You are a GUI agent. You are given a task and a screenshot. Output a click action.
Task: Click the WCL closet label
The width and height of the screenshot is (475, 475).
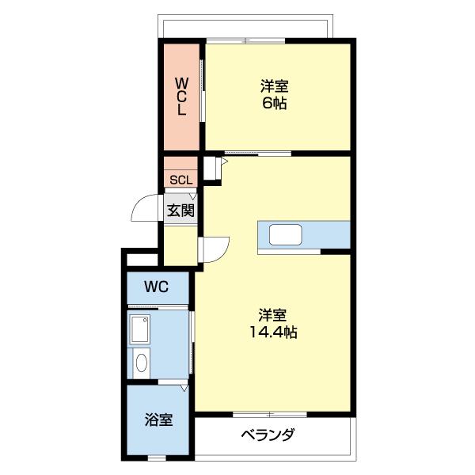181,96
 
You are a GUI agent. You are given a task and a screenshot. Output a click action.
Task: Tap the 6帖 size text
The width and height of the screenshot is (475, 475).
275,103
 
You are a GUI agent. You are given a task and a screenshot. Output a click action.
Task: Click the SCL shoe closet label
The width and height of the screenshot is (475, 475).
180,180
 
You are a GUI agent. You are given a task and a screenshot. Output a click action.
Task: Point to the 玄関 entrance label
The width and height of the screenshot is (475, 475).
180,210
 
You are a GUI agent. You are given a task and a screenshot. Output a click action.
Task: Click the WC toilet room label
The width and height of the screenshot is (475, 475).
157,287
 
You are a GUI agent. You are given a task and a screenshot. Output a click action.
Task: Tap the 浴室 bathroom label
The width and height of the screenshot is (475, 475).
158,420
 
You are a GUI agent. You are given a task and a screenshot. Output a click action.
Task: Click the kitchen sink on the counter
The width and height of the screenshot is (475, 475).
286,235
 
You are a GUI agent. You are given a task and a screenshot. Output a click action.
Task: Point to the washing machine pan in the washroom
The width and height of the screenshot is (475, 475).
141,328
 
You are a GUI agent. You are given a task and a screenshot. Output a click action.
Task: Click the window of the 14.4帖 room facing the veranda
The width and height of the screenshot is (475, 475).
269,413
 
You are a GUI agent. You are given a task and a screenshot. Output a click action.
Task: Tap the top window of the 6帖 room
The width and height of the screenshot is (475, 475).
245,41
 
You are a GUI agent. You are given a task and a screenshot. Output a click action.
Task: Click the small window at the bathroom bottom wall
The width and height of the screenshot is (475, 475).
158,458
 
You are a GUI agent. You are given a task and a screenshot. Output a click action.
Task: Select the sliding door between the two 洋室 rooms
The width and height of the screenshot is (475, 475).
257,152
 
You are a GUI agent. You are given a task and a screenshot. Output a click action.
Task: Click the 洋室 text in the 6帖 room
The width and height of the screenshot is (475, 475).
275,85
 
